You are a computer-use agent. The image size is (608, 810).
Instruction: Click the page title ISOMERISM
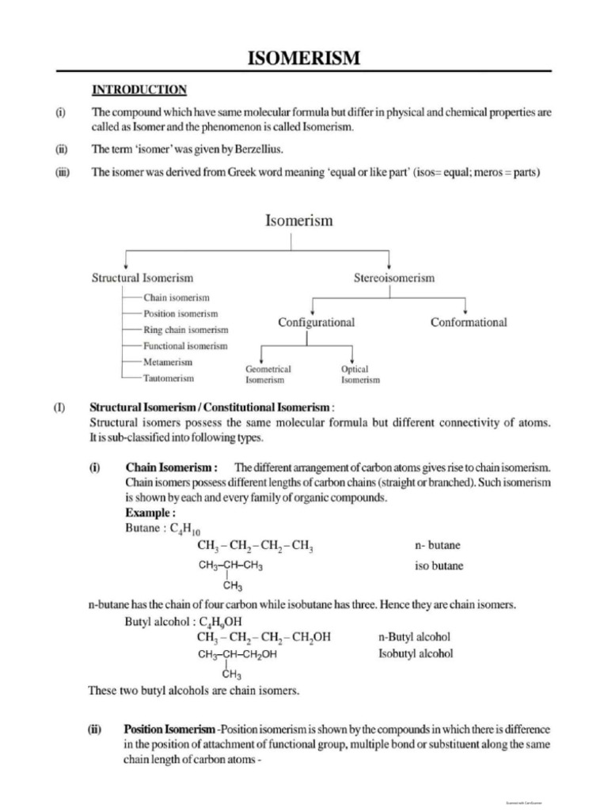[305, 58]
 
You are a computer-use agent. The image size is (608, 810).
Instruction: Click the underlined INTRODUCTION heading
[139, 89]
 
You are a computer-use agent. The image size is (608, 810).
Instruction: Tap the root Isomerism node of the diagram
[298, 221]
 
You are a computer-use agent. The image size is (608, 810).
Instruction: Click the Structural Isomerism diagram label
[142, 278]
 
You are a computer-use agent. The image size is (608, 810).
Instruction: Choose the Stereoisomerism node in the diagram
[393, 278]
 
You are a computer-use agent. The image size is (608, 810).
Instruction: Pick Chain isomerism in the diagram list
[177, 297]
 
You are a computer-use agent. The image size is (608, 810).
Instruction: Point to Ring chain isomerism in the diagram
[185, 330]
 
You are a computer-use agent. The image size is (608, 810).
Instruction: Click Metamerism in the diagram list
[167, 361]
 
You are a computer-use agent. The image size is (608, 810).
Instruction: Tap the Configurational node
[316, 323]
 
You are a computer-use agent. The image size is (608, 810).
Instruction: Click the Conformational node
[469, 322]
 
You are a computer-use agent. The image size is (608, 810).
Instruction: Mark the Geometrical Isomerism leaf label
[268, 374]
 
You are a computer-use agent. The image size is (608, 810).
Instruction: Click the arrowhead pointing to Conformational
[465, 309]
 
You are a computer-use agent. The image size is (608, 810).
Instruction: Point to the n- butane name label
[437, 546]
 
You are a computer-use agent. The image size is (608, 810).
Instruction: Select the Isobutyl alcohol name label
[416, 653]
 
